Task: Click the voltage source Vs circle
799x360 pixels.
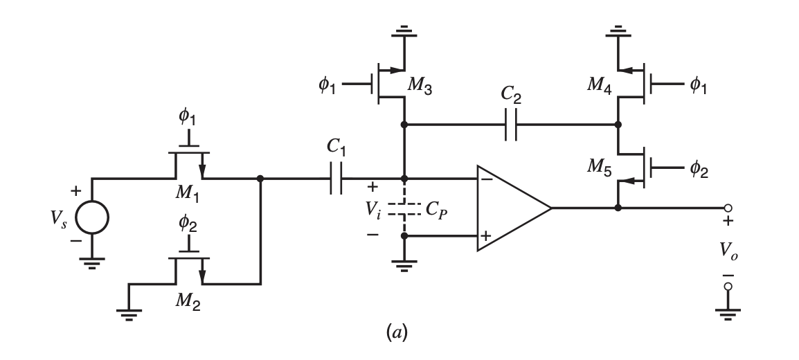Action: pos(92,219)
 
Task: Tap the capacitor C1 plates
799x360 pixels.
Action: pos(337,179)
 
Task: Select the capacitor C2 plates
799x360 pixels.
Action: pos(511,125)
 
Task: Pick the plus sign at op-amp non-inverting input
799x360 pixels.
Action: pos(486,237)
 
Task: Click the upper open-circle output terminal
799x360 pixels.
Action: pos(728,208)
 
